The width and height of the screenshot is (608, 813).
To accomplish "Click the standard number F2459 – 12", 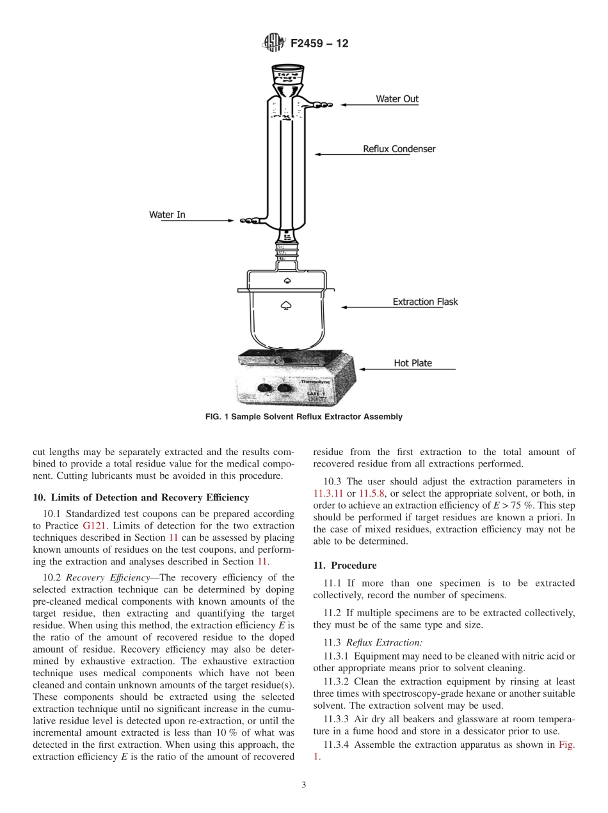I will (319, 44).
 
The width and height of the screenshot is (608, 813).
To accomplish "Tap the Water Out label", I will (397, 99).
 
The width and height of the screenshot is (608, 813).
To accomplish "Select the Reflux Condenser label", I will (399, 149).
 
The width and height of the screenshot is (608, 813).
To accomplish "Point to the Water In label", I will (167, 215).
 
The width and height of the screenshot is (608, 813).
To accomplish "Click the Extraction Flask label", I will (425, 302).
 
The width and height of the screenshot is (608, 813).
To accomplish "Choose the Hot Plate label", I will (413, 363).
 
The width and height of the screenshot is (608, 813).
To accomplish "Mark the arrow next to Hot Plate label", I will (407, 369).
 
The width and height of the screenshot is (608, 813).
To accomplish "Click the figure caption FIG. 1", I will (303, 417).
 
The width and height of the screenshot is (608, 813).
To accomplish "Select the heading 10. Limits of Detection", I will (141, 498).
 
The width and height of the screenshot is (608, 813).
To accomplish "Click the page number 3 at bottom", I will (304, 786).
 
